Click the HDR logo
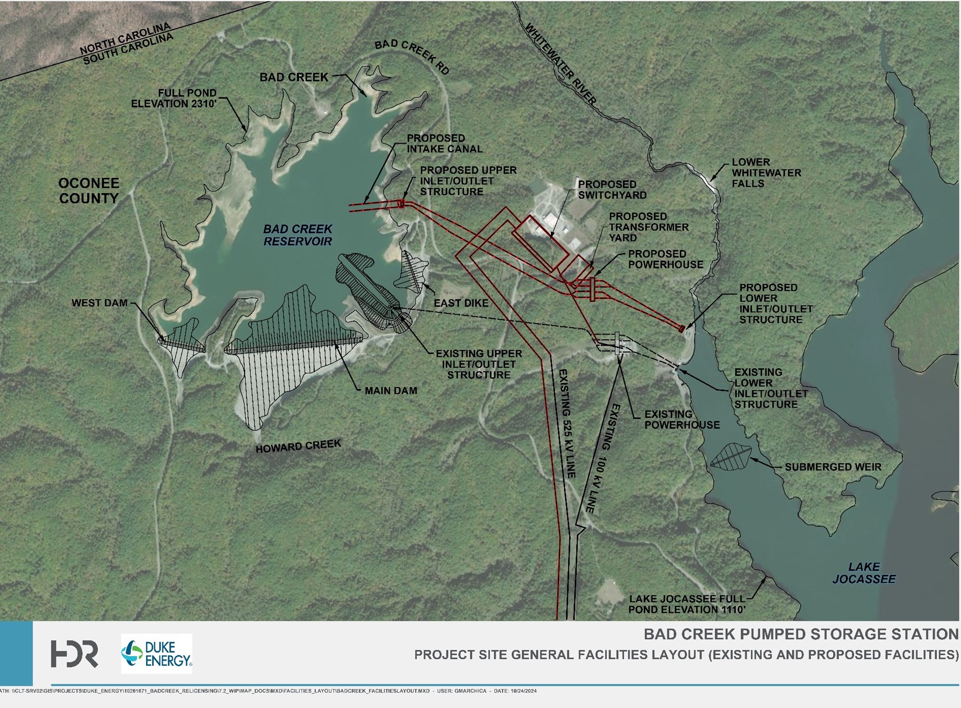click(74, 654)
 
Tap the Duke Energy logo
click(156, 654)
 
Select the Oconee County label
click(89, 191)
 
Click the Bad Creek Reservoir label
click(298, 235)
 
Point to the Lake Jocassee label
click(864, 573)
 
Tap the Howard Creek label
click(298, 446)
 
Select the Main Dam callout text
click(391, 391)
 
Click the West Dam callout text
click(99, 303)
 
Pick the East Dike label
click(461, 303)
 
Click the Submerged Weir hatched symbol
click(731, 456)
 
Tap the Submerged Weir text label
click(833, 467)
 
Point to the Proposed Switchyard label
click(612, 190)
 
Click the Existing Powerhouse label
click(682, 419)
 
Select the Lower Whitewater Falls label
click(766, 173)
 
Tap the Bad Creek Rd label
click(412, 57)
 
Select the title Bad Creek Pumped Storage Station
click(801, 634)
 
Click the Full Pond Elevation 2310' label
click(174, 98)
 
